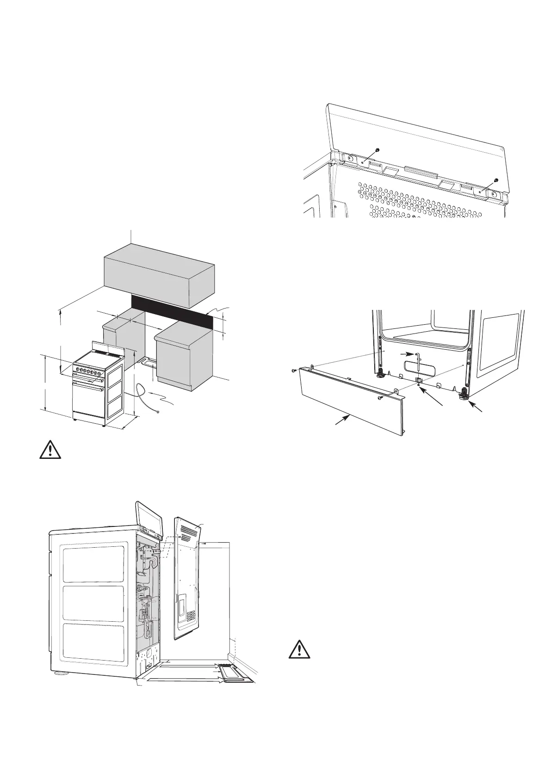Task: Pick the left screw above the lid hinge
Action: point(377,150)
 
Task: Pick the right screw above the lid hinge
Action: point(495,180)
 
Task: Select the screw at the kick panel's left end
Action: point(294,371)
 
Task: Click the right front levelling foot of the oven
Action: point(463,394)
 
